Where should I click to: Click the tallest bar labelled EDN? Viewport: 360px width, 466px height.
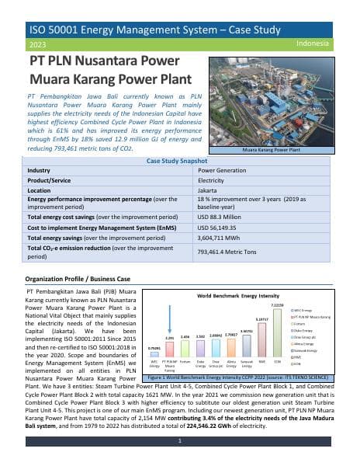point(277,336)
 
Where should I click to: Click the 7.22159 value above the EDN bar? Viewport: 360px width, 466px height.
point(277,306)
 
